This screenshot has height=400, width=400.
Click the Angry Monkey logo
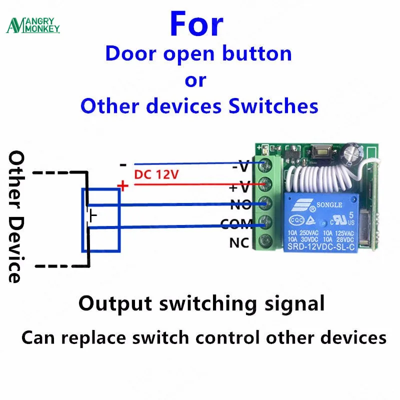coord(33,25)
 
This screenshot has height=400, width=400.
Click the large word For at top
coord(196,23)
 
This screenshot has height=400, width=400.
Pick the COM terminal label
coord(237,225)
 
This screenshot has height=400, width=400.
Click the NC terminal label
coord(239,243)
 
